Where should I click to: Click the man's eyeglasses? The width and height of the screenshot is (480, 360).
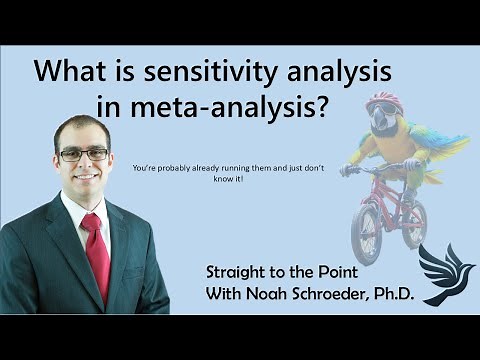pyautogui.click(x=83, y=154)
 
